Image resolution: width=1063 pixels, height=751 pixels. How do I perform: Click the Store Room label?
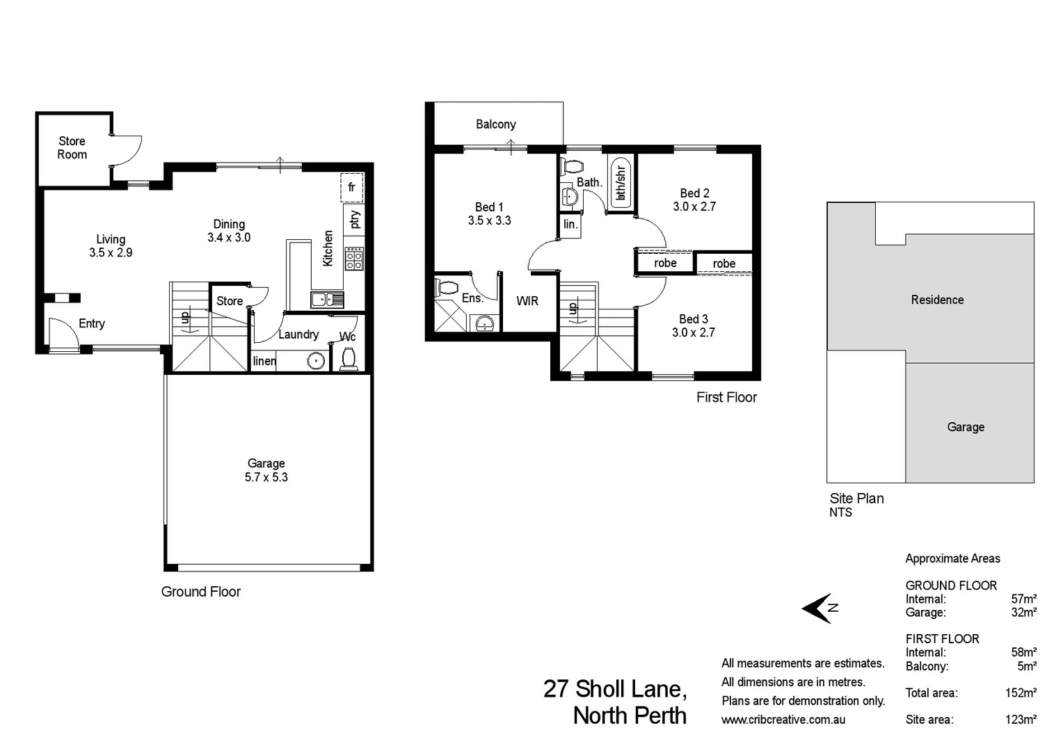click(72, 148)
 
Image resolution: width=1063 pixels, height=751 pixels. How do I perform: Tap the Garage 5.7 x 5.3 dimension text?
click(266, 477)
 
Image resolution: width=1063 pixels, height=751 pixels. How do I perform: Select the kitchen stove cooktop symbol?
click(354, 258)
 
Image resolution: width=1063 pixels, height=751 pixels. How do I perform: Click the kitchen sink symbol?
click(326, 300)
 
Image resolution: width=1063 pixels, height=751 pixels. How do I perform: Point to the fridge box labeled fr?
click(351, 187)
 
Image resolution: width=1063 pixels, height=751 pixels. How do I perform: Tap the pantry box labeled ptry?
click(354, 220)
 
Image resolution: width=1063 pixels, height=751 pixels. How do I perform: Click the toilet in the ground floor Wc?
click(348, 359)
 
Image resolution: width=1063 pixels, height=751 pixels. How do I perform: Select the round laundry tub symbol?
click(317, 361)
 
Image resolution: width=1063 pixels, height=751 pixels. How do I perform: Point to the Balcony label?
click(495, 124)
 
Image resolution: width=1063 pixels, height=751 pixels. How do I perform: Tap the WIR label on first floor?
click(527, 301)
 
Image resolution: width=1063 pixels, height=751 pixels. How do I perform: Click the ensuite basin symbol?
click(485, 323)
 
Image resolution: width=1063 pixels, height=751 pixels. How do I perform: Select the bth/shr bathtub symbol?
click(620, 182)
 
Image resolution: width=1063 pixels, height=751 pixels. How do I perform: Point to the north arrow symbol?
click(820, 608)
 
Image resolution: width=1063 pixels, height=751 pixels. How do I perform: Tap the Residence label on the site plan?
click(937, 300)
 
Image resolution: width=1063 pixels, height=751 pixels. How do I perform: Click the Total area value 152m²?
click(1021, 693)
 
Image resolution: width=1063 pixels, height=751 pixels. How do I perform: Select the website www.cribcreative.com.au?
click(783, 720)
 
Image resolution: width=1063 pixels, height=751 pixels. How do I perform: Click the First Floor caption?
click(726, 397)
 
